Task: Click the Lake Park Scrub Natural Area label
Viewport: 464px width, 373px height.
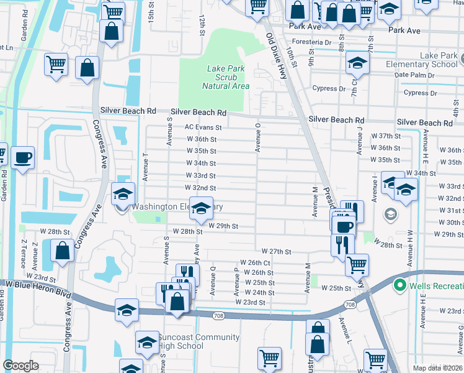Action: point(226,77)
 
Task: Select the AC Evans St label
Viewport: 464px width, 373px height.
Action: point(203,127)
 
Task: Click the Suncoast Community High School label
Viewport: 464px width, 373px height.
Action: point(190,341)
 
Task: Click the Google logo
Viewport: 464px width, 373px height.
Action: point(20,365)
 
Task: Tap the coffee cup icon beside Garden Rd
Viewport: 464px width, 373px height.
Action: point(23,157)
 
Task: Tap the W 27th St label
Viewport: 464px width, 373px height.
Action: point(276,251)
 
